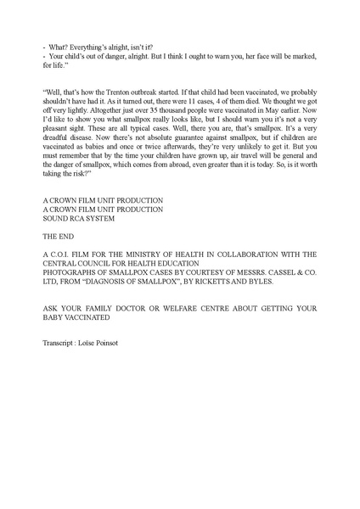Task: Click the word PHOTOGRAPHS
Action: (73, 273)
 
